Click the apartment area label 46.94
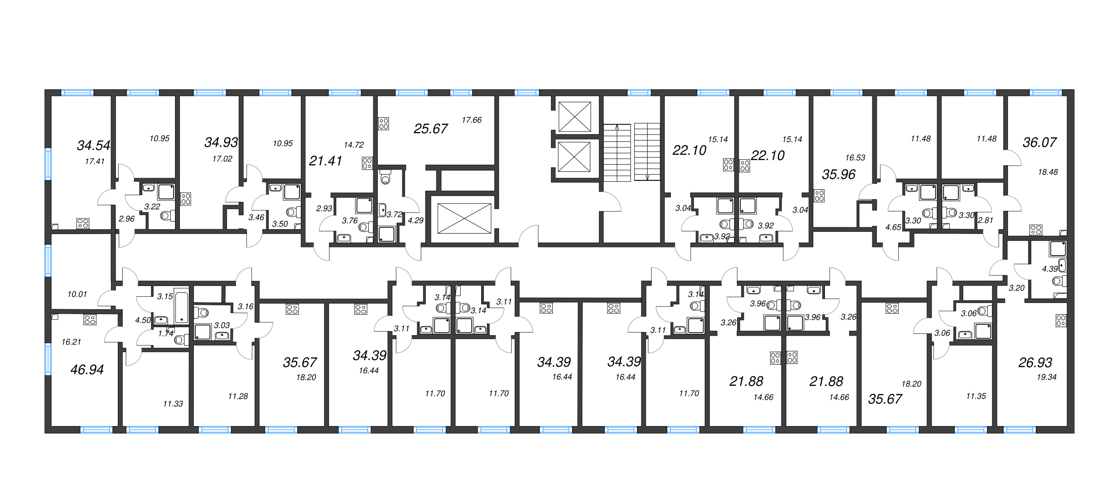point(87,370)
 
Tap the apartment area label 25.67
point(431,129)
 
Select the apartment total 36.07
point(1039,142)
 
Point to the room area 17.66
point(471,120)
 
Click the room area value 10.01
point(77,294)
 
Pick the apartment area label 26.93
point(1035,363)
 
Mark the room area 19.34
point(1046,377)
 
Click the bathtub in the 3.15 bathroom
point(182,307)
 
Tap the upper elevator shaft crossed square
point(575,116)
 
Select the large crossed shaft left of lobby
point(464,218)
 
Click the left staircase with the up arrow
point(617,152)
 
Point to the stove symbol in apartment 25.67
point(384,124)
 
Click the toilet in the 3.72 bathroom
point(385,178)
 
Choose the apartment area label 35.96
point(838,175)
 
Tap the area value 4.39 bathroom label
point(1050,269)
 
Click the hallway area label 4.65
point(893,227)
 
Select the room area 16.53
point(855,158)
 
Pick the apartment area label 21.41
point(325,161)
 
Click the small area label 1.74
point(166,333)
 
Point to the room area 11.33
point(173,404)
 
